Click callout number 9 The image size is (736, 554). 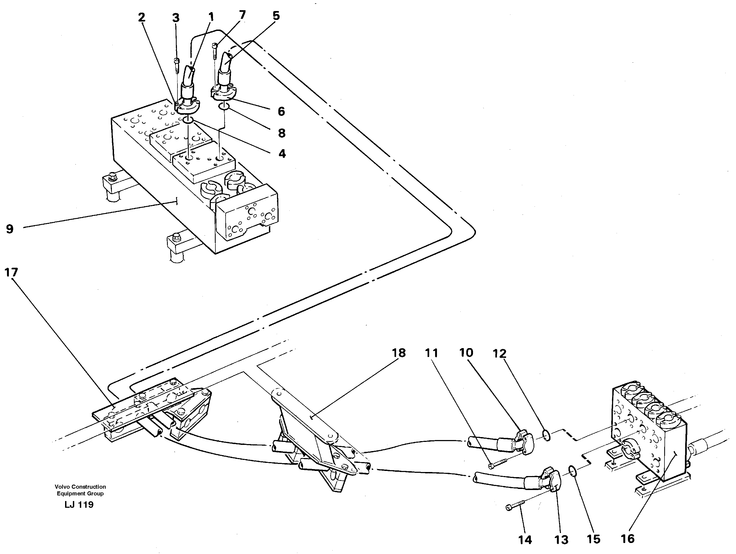pos(10,229)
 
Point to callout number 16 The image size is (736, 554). pos(628,538)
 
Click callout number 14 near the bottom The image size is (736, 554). pos(525,540)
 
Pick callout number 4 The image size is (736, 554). pos(282,154)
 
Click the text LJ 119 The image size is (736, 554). pos(79,505)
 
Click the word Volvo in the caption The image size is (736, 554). pos(62,487)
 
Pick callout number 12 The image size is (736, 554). pos(500,353)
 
